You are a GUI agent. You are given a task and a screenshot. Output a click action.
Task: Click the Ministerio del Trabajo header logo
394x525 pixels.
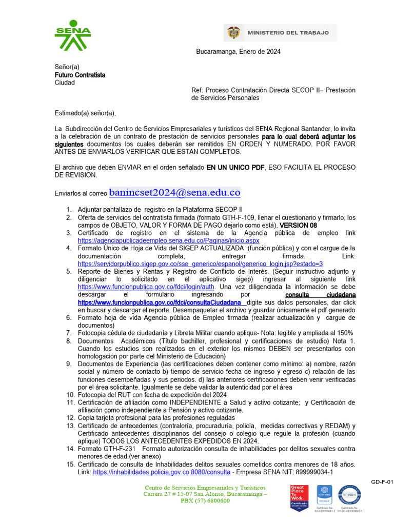tap(280, 33)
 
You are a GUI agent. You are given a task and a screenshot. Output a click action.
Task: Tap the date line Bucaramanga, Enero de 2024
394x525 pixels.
tap(238, 52)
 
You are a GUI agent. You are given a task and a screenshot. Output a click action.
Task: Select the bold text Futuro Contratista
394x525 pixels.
tap(80, 75)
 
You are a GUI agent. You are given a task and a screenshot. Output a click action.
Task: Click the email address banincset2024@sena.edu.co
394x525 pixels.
tap(174, 193)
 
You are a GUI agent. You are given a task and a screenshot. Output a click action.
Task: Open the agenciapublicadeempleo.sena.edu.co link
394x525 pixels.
tap(168, 240)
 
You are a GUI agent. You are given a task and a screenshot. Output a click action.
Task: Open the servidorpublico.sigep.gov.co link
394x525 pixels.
tap(200, 264)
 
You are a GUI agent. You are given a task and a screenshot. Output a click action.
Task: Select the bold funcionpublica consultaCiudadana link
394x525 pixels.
tap(162, 302)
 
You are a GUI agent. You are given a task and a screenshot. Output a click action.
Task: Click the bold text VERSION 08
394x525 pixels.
tap(298, 225)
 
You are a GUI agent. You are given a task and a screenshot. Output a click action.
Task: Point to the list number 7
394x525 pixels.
tap(68, 333)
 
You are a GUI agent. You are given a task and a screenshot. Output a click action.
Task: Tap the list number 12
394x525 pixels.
tap(70, 418)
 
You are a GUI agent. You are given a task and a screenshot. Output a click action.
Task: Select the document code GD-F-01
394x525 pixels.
tap(382, 482)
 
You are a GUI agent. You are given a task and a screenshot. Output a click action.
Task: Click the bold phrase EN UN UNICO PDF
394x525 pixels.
tap(235, 168)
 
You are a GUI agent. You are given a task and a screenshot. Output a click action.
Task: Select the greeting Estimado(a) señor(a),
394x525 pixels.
tap(85, 113)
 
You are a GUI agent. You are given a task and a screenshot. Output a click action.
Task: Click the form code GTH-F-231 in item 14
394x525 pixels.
tap(119, 449)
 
